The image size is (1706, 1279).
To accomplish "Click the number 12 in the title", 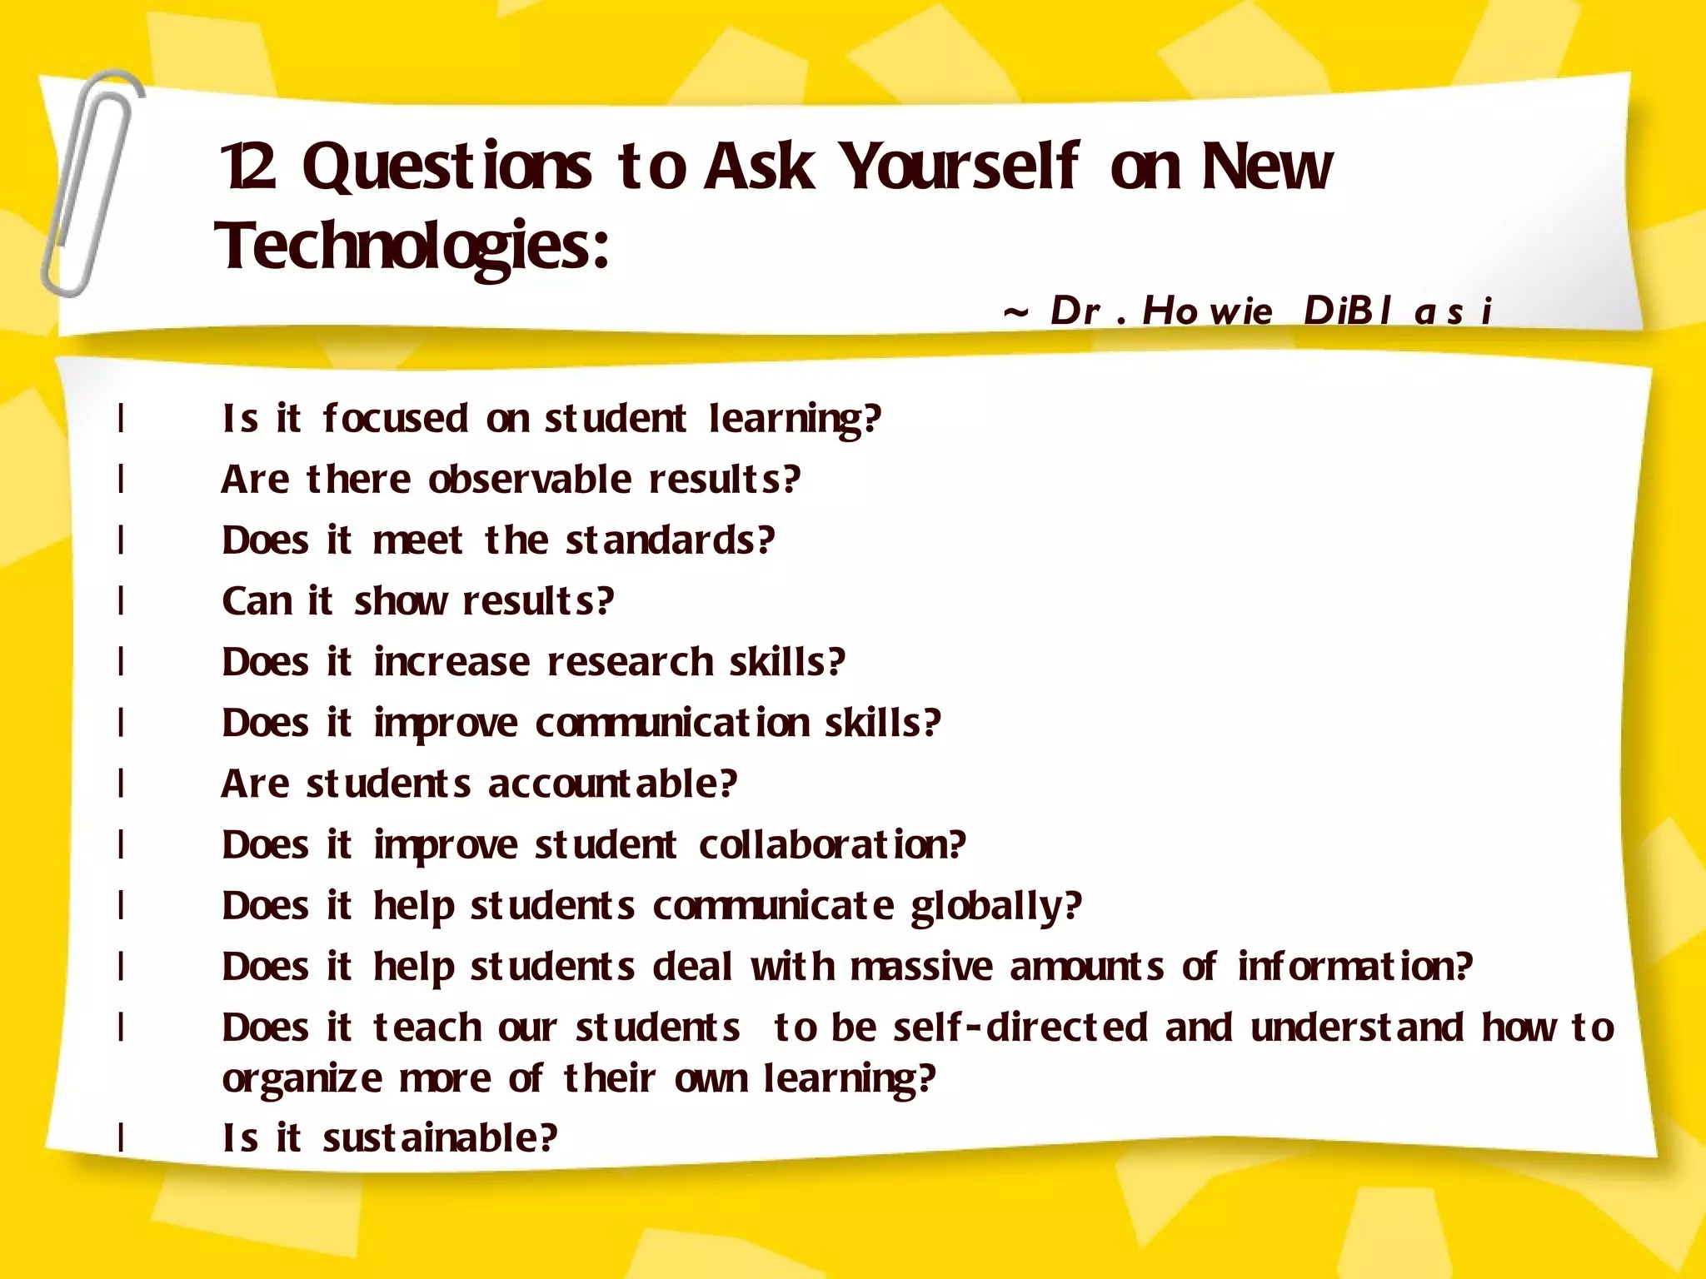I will (248, 167).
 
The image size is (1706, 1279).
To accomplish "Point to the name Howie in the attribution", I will (1207, 311).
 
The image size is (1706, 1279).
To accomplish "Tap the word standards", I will (670, 540).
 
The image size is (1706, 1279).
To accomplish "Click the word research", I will (630, 663).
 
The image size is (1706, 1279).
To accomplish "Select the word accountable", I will (612, 784).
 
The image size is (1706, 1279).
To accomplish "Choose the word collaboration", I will (831, 845).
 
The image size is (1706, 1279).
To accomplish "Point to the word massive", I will (921, 968).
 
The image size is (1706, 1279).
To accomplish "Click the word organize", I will (302, 1080).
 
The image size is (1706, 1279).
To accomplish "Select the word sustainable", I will (439, 1138).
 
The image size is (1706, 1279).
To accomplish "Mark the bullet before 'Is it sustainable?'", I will (122, 1137).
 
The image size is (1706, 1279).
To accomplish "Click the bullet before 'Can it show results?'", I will (122, 600).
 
